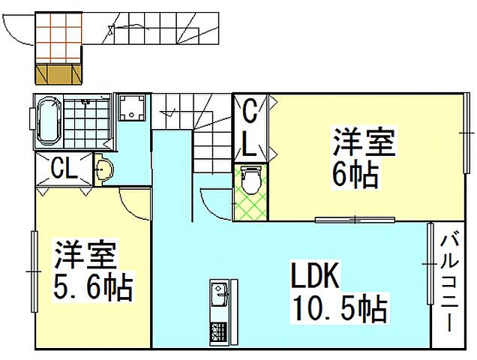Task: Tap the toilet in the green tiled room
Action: (252, 181)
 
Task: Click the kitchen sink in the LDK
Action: (220, 293)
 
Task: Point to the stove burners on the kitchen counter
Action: (220, 331)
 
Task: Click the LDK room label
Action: (314, 278)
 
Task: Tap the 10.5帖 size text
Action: (337, 307)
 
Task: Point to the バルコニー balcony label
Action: (448, 284)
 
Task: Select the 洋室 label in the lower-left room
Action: (84, 256)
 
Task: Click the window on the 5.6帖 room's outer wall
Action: (33, 269)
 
